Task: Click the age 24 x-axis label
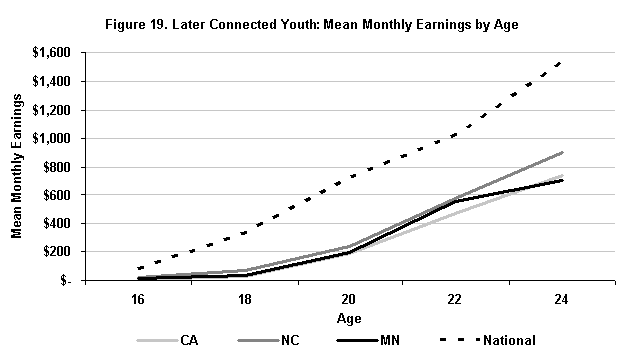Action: (x=562, y=299)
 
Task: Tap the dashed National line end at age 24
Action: (x=562, y=61)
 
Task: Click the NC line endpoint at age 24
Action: (x=562, y=153)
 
